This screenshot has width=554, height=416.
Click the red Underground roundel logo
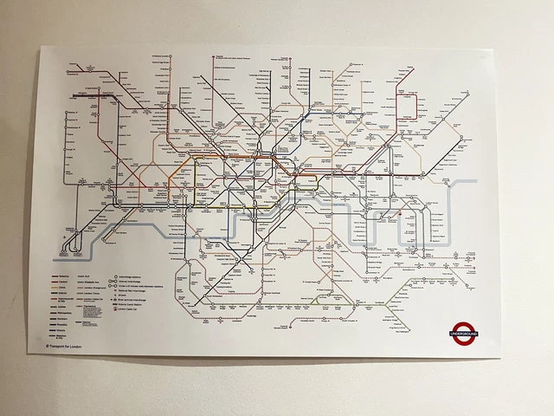tap(464, 330)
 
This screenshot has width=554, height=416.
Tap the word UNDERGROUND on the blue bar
tap(464, 331)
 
